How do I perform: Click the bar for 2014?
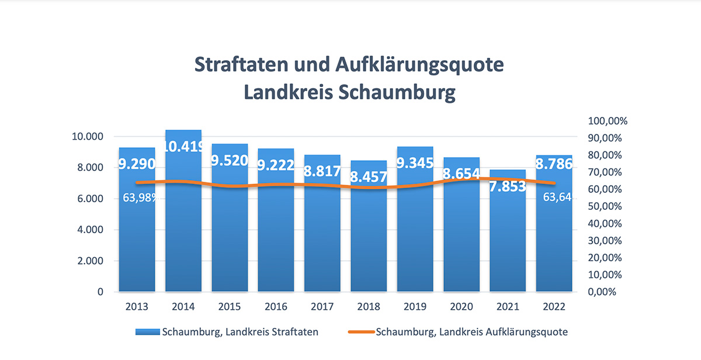(x=183, y=234)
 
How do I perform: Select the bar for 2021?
(x=508, y=245)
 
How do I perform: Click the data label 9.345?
(x=415, y=163)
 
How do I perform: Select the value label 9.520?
(x=230, y=160)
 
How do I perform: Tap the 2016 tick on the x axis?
(x=276, y=307)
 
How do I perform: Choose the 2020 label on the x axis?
(x=461, y=307)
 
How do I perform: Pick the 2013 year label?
(x=137, y=307)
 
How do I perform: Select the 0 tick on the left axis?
(x=100, y=292)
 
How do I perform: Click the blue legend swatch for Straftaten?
(x=147, y=332)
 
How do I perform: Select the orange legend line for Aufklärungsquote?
(x=360, y=332)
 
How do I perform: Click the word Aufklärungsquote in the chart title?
(x=419, y=64)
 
